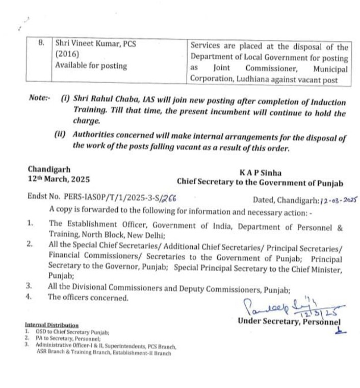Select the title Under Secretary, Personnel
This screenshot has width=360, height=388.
(289, 321)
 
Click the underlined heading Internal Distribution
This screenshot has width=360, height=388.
(51, 325)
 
